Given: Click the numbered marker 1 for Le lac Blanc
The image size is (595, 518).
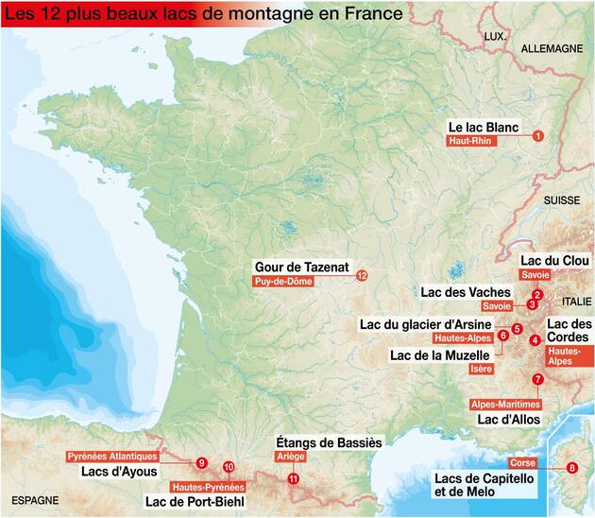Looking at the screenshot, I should tap(537, 136).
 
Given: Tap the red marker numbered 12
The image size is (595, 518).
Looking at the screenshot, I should tap(361, 276).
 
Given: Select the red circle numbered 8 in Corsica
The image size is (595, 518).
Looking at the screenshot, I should tap(571, 467).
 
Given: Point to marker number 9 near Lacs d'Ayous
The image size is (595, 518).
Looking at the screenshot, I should tap(202, 462).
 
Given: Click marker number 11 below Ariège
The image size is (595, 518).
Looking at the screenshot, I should tap(294, 478).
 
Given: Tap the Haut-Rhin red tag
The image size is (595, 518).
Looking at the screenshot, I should tap(471, 141).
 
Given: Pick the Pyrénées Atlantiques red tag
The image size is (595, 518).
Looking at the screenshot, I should tap(112, 456).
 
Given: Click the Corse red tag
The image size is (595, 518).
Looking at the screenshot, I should tap(522, 463).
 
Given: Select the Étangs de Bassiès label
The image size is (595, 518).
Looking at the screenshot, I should tap(328, 441).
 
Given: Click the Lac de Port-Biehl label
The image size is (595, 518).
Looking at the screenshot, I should tap(194, 501).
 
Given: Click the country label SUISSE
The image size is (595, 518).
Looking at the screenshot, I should tap(560, 200).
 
